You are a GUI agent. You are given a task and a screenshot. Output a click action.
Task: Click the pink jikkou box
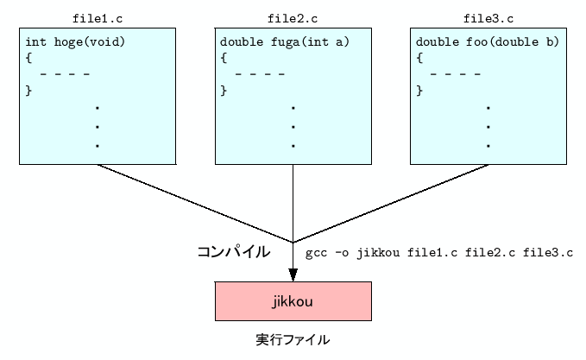293,302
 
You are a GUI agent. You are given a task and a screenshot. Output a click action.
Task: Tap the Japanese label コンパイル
234,252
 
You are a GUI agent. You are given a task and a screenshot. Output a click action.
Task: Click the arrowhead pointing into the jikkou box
293,275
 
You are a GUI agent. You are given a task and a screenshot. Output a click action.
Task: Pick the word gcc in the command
315,253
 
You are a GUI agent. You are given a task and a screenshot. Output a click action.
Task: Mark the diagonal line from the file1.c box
194,203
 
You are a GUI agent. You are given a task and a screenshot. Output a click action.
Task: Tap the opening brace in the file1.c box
28,58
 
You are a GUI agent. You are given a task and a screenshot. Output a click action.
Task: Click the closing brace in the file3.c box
419,89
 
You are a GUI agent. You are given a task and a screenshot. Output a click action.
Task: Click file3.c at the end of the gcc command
549,253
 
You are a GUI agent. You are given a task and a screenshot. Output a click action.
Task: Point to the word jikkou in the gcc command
376,253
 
